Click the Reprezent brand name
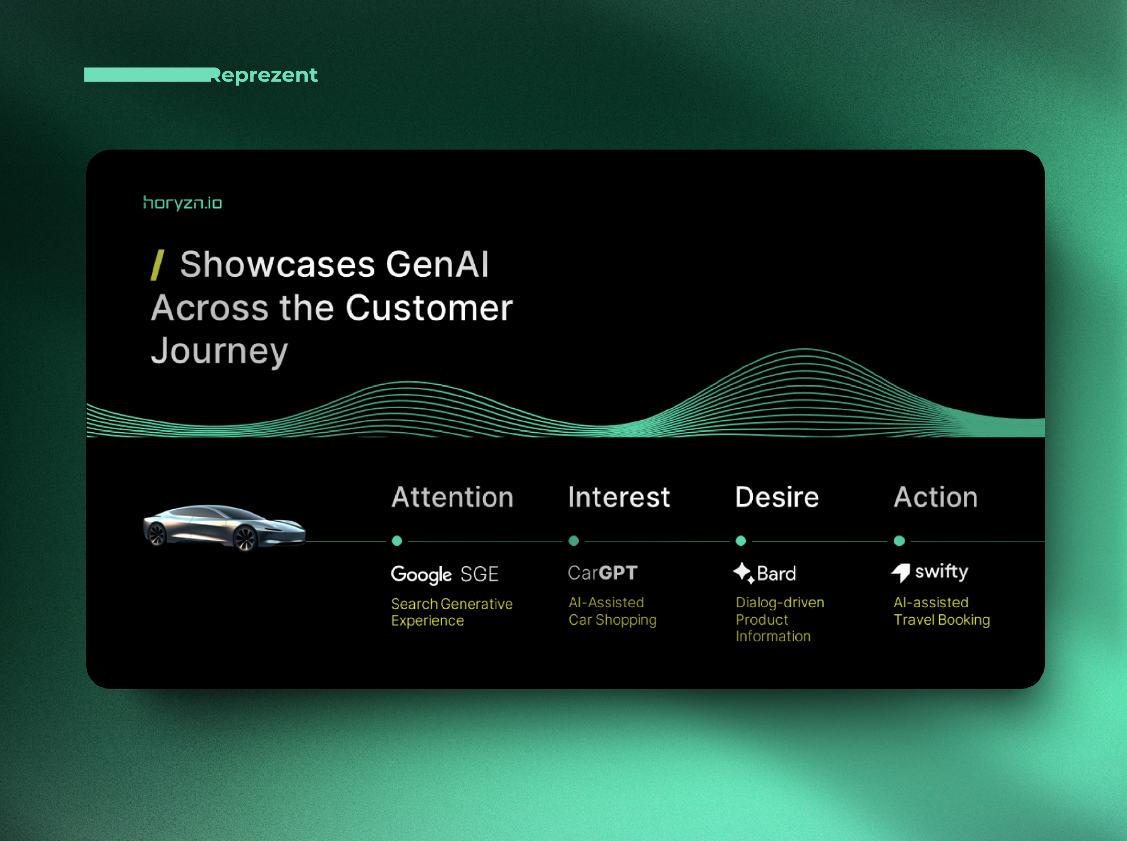pos(264,75)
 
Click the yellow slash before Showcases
pos(157,265)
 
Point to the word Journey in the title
pos(220,351)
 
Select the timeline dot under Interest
pos(573,541)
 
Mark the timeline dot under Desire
pos(741,541)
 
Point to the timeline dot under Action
pos(899,541)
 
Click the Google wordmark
pos(421,575)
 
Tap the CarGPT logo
pos(603,573)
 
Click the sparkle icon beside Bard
pos(744,572)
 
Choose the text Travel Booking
pos(942,620)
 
